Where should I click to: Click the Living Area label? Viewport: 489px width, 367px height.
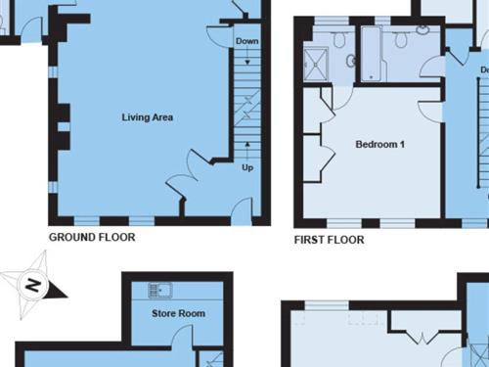pyautogui.click(x=148, y=117)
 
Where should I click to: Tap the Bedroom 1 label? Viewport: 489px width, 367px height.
pyautogui.click(x=380, y=144)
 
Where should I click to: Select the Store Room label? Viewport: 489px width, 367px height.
pyautogui.click(x=178, y=313)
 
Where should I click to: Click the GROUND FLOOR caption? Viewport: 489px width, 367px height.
pyautogui.click(x=92, y=237)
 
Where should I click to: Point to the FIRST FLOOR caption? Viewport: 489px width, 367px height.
pyautogui.click(x=329, y=240)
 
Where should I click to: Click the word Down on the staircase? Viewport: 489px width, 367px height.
pyautogui.click(x=247, y=41)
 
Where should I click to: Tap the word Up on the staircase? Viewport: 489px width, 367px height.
pyautogui.click(x=247, y=167)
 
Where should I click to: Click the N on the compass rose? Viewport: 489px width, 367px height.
pyautogui.click(x=33, y=286)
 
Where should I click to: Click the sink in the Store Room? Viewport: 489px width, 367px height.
pyautogui.click(x=160, y=291)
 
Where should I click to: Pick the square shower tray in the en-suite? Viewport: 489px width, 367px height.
pyautogui.click(x=316, y=65)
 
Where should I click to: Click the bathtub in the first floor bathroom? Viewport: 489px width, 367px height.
pyautogui.click(x=372, y=54)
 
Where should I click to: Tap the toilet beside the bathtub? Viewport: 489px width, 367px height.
pyautogui.click(x=400, y=39)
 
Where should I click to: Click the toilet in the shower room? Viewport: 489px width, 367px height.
pyautogui.click(x=339, y=40)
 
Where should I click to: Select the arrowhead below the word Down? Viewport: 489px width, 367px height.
pyautogui.click(x=247, y=62)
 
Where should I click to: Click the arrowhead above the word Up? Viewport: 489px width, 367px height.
pyautogui.click(x=247, y=144)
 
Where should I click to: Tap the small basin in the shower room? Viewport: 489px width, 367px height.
pyautogui.click(x=351, y=61)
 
